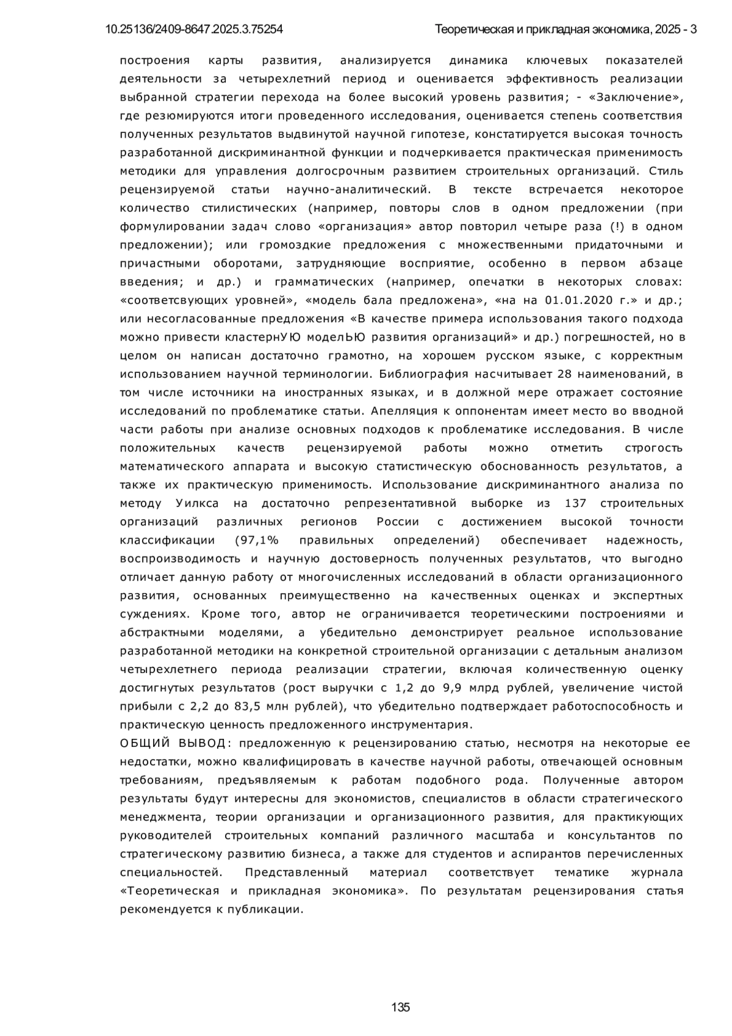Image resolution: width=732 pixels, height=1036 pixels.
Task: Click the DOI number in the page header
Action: (194, 29)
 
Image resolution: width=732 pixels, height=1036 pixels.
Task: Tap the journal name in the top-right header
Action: (566, 29)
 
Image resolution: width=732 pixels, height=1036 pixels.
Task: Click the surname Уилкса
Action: (197, 503)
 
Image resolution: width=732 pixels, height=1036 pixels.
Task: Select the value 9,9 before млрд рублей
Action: (451, 688)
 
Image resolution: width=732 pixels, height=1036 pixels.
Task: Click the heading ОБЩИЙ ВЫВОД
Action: (173, 743)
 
